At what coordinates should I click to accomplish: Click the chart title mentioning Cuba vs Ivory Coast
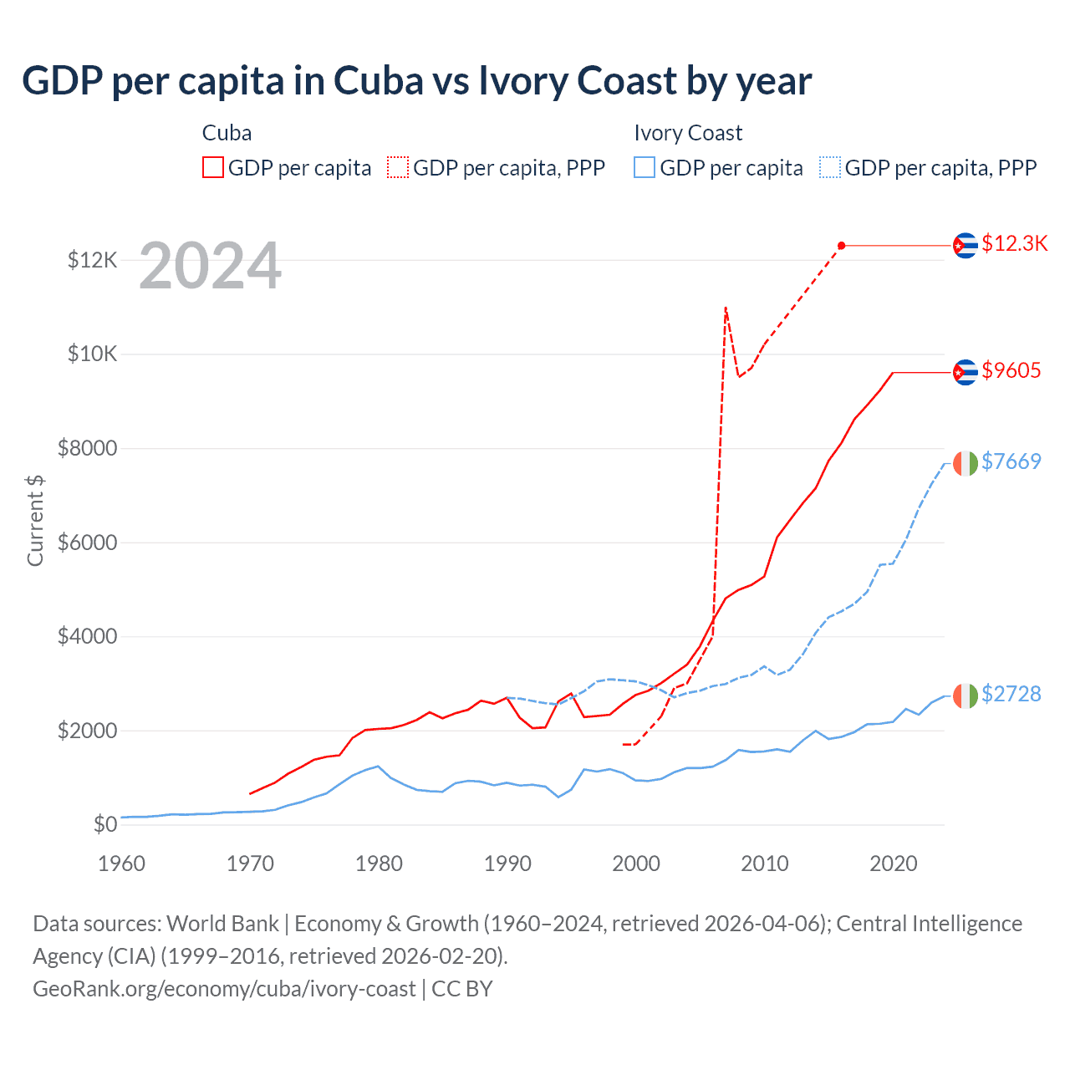tap(416, 81)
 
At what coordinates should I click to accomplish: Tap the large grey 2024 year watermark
tap(210, 267)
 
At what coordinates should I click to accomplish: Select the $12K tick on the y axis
tap(92, 261)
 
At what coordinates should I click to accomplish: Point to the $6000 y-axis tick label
tap(87, 543)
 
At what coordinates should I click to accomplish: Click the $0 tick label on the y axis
tap(104, 825)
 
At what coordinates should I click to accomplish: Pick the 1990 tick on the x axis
tap(507, 864)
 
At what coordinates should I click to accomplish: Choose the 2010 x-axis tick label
tap(764, 864)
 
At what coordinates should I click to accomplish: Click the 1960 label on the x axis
tap(122, 864)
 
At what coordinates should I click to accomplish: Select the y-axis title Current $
tap(35, 520)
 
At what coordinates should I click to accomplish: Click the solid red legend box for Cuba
tap(213, 168)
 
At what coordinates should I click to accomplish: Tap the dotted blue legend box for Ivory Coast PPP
tap(830, 168)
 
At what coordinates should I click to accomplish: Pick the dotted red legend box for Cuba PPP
tap(398, 168)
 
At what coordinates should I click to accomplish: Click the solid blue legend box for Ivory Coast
tap(645, 168)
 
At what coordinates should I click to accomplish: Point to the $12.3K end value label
tap(1014, 243)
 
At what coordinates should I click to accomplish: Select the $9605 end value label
tap(1011, 370)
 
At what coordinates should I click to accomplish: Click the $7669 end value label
tap(1011, 461)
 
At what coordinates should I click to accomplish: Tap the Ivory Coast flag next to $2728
tap(966, 695)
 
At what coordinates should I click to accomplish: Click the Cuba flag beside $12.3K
tap(966, 246)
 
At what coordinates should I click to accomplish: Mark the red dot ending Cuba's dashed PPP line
tap(841, 246)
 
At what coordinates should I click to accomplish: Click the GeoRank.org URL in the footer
tap(224, 989)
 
